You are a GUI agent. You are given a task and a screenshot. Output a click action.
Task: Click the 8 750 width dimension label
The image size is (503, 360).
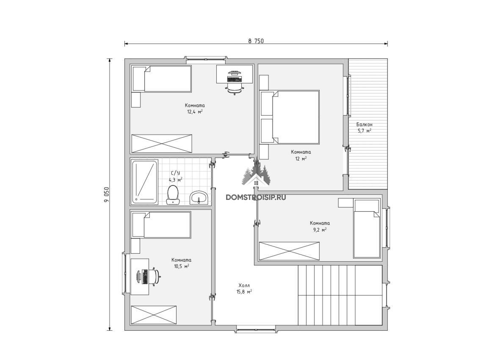point(256,41)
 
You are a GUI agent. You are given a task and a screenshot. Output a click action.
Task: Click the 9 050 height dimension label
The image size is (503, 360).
point(106,194)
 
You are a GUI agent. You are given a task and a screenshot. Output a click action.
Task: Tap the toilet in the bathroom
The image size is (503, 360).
point(173,194)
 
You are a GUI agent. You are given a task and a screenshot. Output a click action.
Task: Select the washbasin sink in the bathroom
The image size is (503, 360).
point(199,197)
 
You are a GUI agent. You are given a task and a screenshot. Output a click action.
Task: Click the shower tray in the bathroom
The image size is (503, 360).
point(145,182)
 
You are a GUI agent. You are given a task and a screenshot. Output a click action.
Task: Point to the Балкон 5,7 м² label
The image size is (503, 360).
point(365,127)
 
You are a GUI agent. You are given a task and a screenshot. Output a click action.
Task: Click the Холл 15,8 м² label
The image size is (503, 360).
point(244,288)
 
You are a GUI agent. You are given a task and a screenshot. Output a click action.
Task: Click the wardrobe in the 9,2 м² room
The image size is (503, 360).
point(289,251)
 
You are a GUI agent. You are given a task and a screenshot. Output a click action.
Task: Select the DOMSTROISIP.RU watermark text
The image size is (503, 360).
point(256,197)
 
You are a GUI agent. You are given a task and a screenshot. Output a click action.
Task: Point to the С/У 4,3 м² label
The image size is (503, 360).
point(175,177)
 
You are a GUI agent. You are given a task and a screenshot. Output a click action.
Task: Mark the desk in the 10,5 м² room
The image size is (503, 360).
point(140,277)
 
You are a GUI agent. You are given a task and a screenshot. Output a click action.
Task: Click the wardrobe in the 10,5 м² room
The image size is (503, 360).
point(154,315)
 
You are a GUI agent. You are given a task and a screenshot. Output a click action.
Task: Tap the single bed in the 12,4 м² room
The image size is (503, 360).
point(162,79)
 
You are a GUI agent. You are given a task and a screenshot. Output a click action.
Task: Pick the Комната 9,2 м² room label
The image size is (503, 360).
point(320,226)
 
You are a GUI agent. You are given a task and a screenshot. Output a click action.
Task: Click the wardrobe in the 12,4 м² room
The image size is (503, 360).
point(162,144)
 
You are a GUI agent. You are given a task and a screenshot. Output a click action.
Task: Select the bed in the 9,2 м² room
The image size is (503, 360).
point(367,228)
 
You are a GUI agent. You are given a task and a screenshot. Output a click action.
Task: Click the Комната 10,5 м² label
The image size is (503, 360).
point(181,263)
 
